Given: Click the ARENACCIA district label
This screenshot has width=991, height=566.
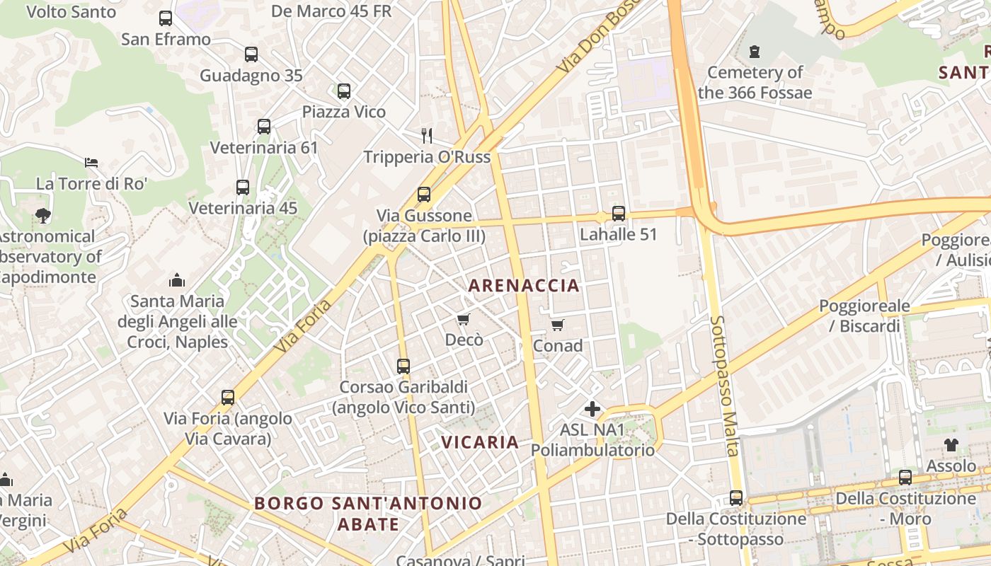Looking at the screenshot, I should click(x=524, y=286).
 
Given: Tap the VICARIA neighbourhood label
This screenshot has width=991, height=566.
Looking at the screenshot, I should click(x=481, y=442).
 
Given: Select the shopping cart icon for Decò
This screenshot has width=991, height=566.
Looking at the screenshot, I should click(x=464, y=320).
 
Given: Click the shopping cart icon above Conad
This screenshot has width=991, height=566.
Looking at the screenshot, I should click(x=558, y=325).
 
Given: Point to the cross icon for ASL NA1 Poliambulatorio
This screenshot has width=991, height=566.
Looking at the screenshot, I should click(x=592, y=409).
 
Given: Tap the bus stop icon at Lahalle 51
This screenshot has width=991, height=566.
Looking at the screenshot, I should click(x=619, y=214).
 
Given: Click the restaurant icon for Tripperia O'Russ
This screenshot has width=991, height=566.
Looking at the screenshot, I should click(x=427, y=136).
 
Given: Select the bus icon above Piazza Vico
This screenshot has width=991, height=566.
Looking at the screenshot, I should click(x=344, y=91).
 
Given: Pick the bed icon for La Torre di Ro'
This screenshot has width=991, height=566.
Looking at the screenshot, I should click(x=91, y=163).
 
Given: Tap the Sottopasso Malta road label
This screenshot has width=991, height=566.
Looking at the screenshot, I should click(x=725, y=386).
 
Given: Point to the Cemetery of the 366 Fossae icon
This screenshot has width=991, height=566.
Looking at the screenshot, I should click(x=755, y=52).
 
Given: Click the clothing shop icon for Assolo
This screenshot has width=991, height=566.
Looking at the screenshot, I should click(x=951, y=445).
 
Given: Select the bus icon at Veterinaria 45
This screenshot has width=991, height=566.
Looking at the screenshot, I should click(x=243, y=187).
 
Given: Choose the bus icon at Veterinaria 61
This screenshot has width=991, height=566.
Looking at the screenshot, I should click(x=264, y=127).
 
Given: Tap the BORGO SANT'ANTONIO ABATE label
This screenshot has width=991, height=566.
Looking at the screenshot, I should click(x=368, y=514).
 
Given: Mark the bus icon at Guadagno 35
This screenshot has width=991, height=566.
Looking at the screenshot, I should click(x=251, y=54).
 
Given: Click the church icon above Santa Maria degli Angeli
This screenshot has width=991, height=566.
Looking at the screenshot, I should click(x=177, y=281).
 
